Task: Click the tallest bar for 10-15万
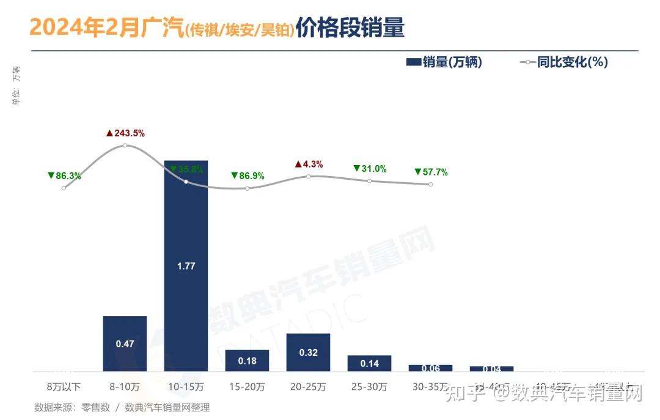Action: pos(186,265)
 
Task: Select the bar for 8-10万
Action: pos(125,343)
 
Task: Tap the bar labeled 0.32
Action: pos(308,352)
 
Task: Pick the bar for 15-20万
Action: pos(247,360)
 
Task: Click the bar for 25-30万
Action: pos(369,363)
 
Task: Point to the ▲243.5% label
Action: pos(125,133)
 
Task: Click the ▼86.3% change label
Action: pos(64,175)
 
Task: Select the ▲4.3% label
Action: pos(309,164)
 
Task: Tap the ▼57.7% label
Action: pos(431,172)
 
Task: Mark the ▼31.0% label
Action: pos(370,169)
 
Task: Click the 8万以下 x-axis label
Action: pos(64,387)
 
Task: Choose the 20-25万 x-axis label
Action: pos(308,387)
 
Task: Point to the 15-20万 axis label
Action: pos(247,387)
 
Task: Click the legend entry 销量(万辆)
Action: pos(444,62)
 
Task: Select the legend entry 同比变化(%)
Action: pos(563,62)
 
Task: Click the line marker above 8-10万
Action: pos(125,145)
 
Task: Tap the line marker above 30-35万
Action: pos(430,184)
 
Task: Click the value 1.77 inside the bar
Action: pos(186,267)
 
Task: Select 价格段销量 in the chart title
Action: pos(350,28)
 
